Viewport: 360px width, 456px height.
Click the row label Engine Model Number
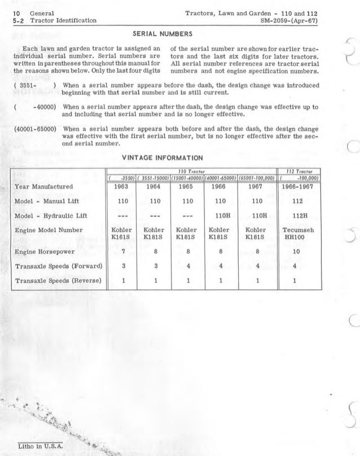tap(50, 230)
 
